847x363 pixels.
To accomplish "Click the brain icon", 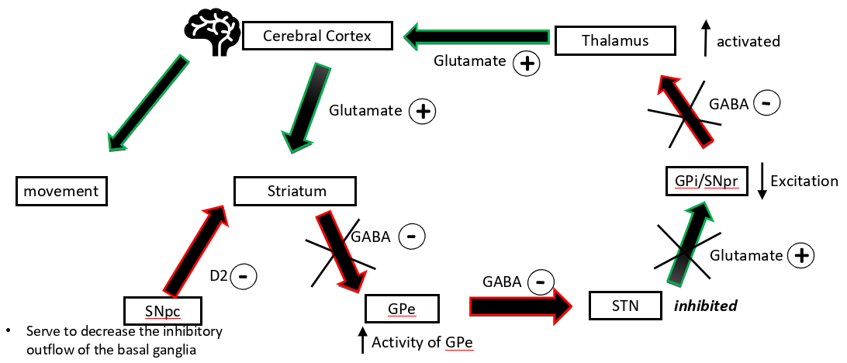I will [212, 33].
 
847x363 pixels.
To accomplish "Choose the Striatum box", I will [296, 192].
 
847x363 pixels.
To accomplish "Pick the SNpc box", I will [162, 310].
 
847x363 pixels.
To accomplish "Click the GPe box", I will [402, 309].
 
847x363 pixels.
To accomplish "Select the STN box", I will [624, 305].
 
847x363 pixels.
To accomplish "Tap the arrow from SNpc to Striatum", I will [194, 248].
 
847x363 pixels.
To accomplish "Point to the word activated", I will [748, 41].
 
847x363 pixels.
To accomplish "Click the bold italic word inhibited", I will [704, 306].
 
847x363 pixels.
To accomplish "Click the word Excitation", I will [804, 181].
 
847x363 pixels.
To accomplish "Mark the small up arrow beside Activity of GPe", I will [361, 339].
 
